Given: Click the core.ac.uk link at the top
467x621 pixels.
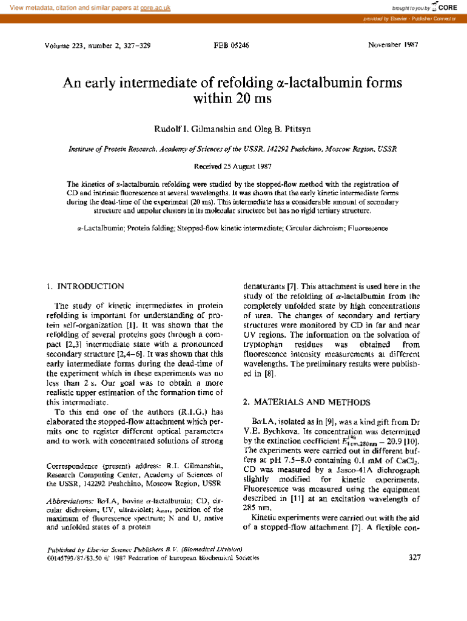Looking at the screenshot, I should click(x=155, y=8).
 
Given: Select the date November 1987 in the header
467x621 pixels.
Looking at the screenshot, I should click(x=397, y=45).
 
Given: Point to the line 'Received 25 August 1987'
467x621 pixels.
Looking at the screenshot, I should click(x=232, y=166).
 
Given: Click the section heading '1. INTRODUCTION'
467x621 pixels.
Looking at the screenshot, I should click(x=86, y=286).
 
